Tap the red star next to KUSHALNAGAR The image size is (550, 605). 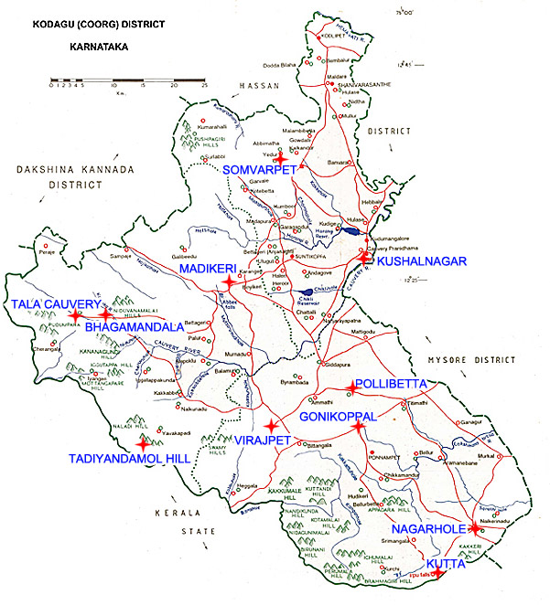[363, 259]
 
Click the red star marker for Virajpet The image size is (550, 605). [270, 426]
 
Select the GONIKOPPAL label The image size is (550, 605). [338, 415]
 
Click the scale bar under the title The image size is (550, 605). [128, 83]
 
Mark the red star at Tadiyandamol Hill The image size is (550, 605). [142, 444]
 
